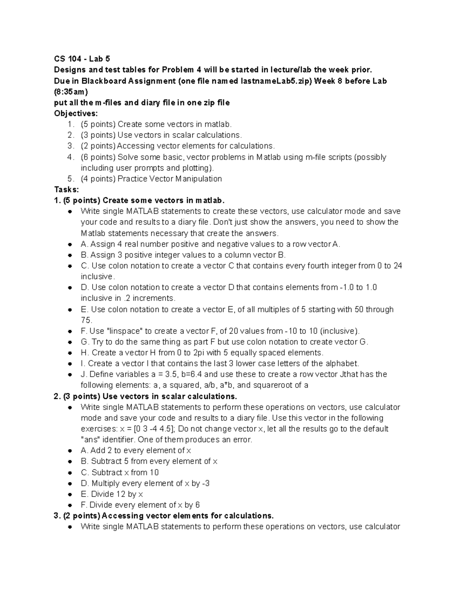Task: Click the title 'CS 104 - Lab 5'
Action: pyautogui.click(x=82, y=59)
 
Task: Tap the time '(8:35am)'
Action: pyautogui.click(x=71, y=92)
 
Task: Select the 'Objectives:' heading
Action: pyautogui.click(x=76, y=114)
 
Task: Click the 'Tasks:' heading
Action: pyautogui.click(x=67, y=190)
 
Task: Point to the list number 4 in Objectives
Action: pyautogui.click(x=70, y=157)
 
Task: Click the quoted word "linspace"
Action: pyautogui.click(x=124, y=331)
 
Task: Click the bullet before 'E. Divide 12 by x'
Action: pyautogui.click(x=70, y=495)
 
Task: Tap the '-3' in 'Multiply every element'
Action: pyautogui.click(x=205, y=483)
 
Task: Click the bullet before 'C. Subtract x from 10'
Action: pyautogui.click(x=70, y=473)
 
